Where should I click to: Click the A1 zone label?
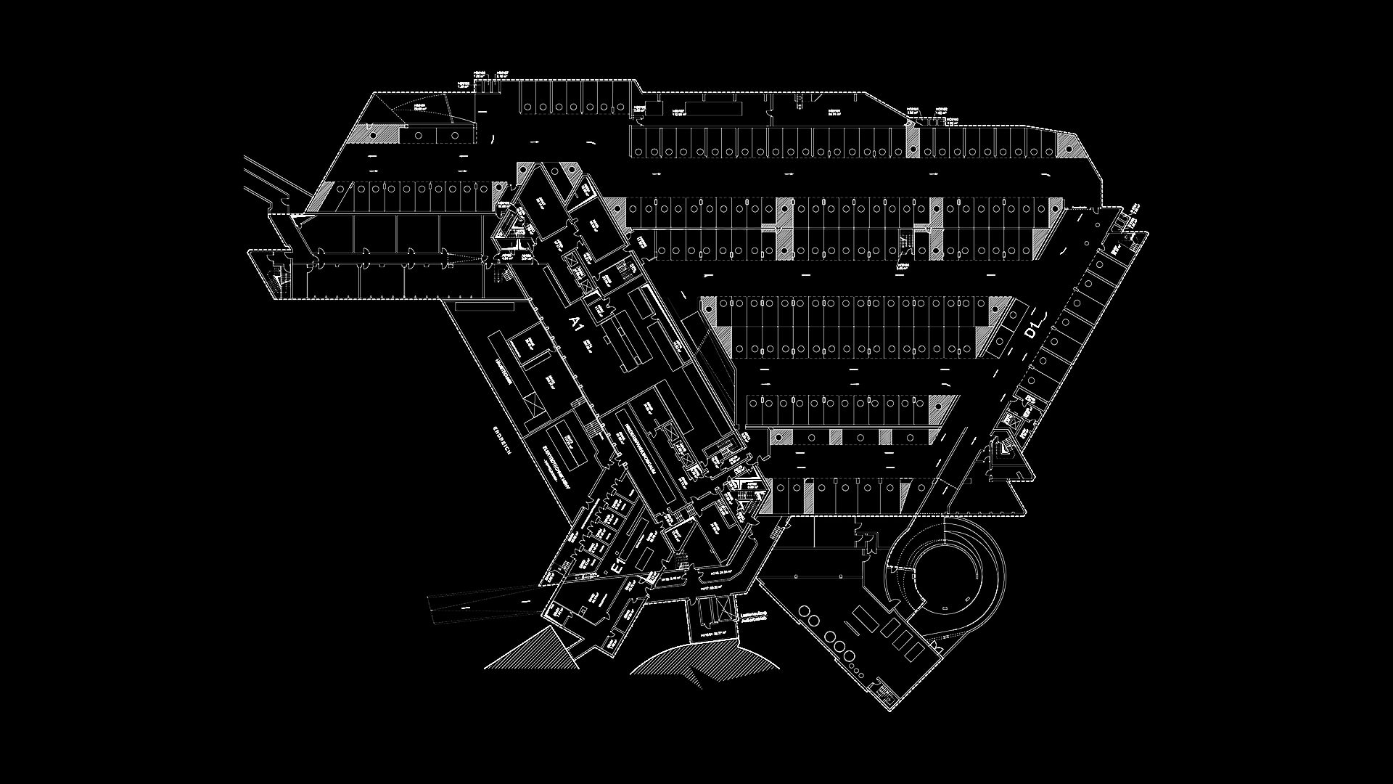577,324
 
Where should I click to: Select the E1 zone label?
617,564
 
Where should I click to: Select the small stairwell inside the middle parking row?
905,240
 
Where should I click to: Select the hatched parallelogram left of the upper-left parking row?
322,196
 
